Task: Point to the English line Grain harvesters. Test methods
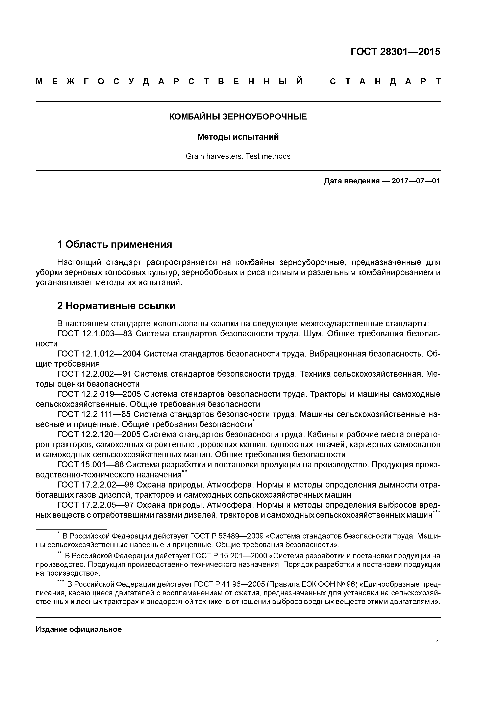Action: (x=238, y=156)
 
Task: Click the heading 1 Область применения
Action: (x=114, y=244)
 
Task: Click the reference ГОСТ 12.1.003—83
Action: (x=95, y=334)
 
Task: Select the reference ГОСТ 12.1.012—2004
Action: (x=99, y=354)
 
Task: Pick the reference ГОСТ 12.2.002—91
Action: (x=94, y=374)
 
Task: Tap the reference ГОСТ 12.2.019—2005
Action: (x=99, y=394)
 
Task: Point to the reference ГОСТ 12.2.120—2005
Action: (x=99, y=435)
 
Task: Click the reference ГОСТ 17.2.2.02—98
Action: (x=96, y=485)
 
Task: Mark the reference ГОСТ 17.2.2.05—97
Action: (x=96, y=505)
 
